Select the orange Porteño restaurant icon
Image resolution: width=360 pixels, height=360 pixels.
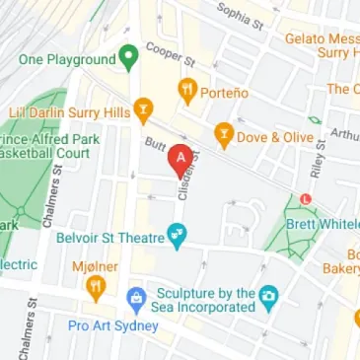coord(186,92)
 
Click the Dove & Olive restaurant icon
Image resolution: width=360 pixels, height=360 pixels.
coord(225,133)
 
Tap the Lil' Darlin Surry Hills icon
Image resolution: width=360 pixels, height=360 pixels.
coord(144,108)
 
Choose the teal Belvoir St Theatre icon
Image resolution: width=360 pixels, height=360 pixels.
coord(177,235)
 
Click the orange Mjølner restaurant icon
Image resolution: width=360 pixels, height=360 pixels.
coord(96,287)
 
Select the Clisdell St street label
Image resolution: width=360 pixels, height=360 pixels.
coord(186,178)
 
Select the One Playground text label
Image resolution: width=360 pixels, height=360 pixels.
coord(67,59)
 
